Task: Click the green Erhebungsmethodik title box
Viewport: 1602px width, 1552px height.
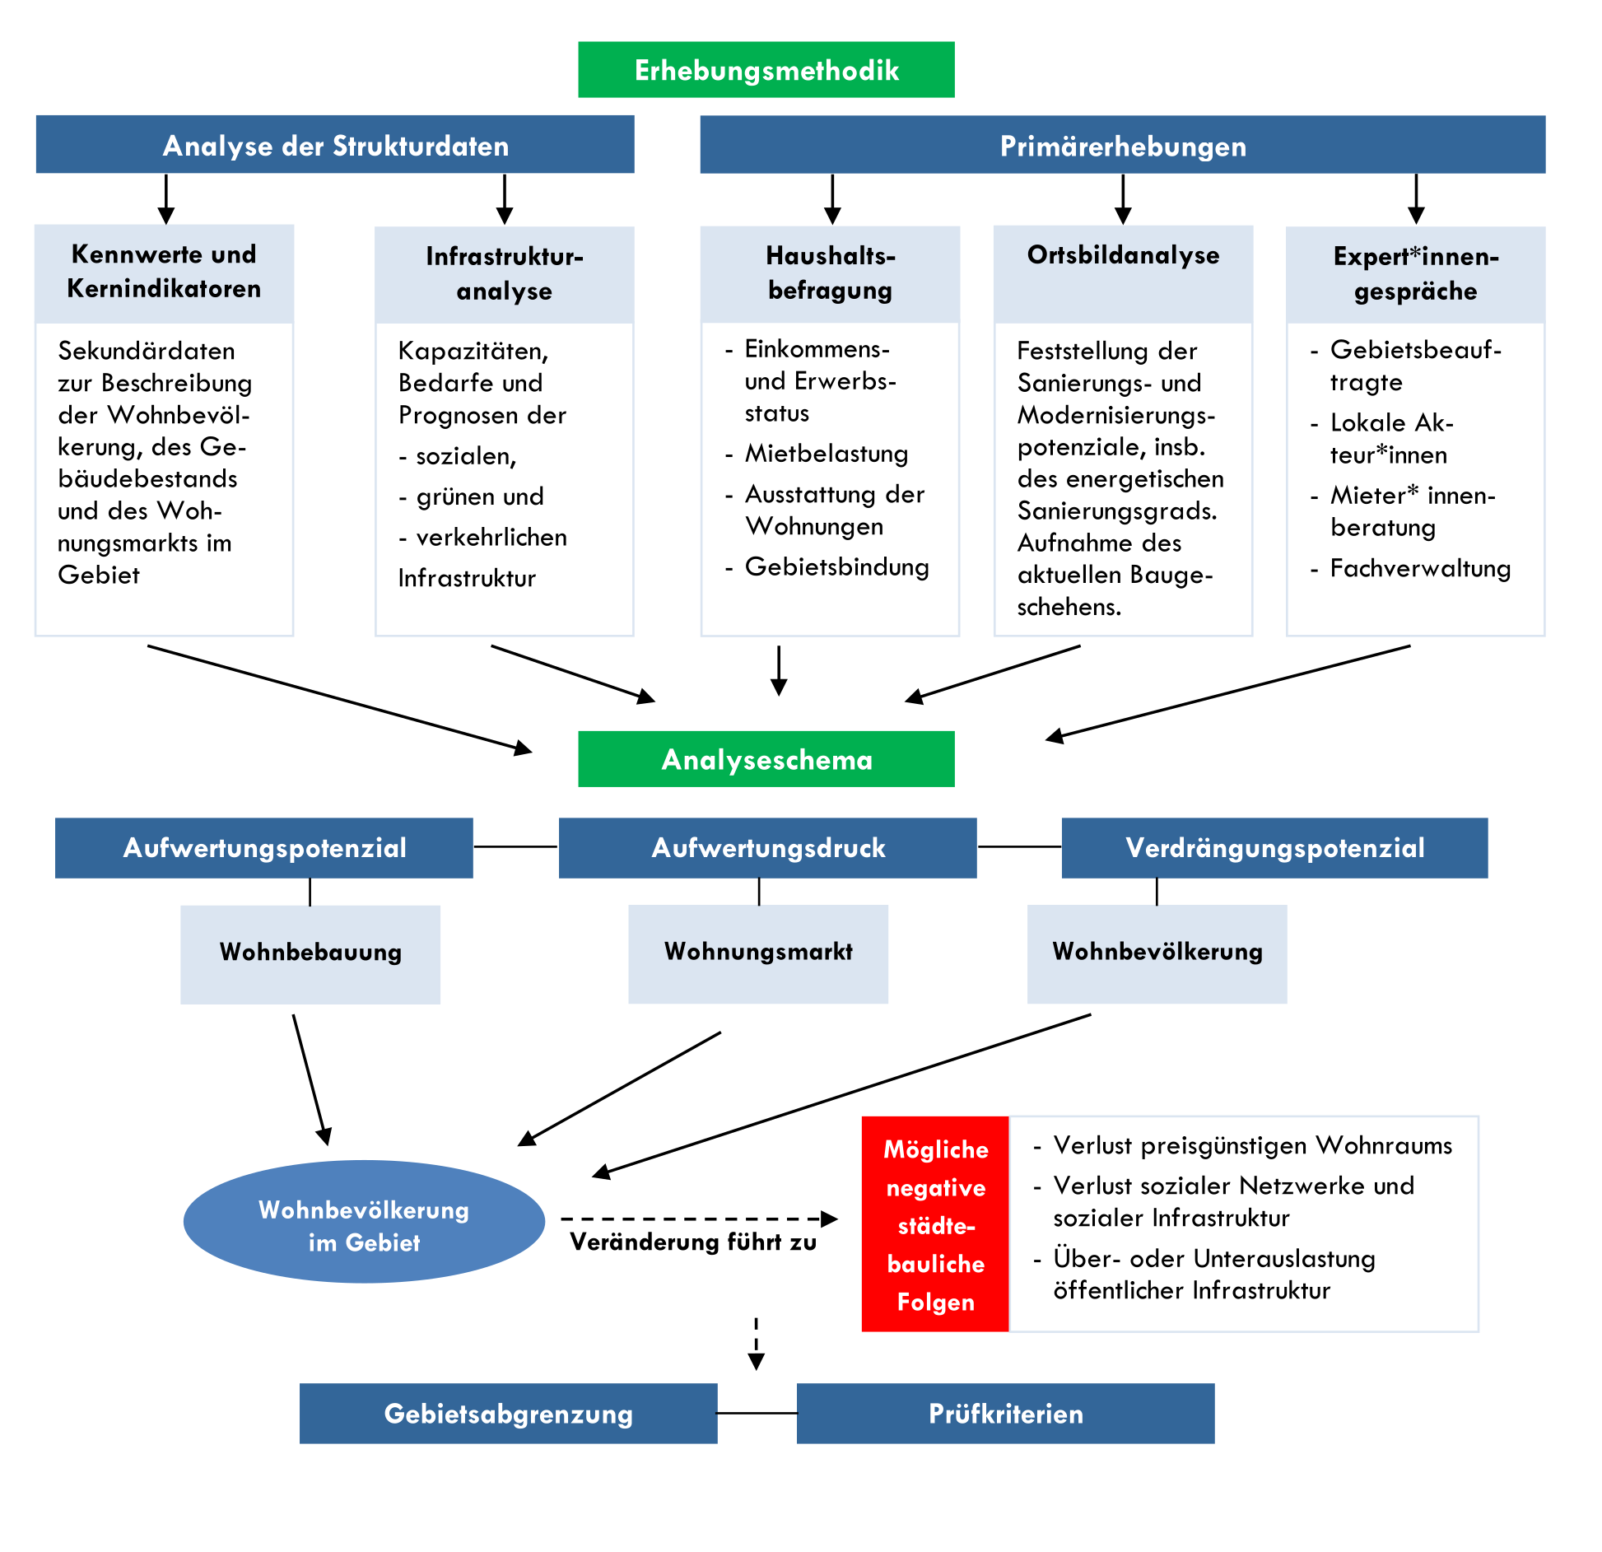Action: point(766,70)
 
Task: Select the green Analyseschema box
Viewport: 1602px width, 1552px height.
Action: point(766,759)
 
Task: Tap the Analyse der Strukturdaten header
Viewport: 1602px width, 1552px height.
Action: point(335,145)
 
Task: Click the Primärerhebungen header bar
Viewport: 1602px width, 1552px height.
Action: point(1122,145)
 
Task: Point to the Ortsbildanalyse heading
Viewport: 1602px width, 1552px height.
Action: point(1123,256)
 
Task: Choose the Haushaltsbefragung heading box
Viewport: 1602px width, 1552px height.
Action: point(830,273)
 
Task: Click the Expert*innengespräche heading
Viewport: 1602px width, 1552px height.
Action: point(1415,273)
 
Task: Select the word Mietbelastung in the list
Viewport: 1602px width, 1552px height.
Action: point(827,454)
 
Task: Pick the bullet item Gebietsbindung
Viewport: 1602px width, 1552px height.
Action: point(836,567)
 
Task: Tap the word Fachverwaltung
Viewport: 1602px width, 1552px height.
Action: point(1420,569)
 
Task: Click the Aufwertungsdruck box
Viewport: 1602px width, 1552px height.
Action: point(767,848)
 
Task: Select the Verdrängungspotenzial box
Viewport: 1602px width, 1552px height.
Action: point(1274,848)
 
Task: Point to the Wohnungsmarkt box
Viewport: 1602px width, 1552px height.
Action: point(758,953)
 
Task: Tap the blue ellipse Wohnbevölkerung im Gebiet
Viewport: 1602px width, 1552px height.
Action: point(364,1222)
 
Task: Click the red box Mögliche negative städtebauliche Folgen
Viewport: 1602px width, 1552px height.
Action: point(935,1224)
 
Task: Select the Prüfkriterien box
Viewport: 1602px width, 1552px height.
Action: point(1005,1414)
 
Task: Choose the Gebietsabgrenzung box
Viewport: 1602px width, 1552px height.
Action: point(508,1414)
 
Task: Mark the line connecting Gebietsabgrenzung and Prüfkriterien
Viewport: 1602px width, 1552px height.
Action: point(757,1414)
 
